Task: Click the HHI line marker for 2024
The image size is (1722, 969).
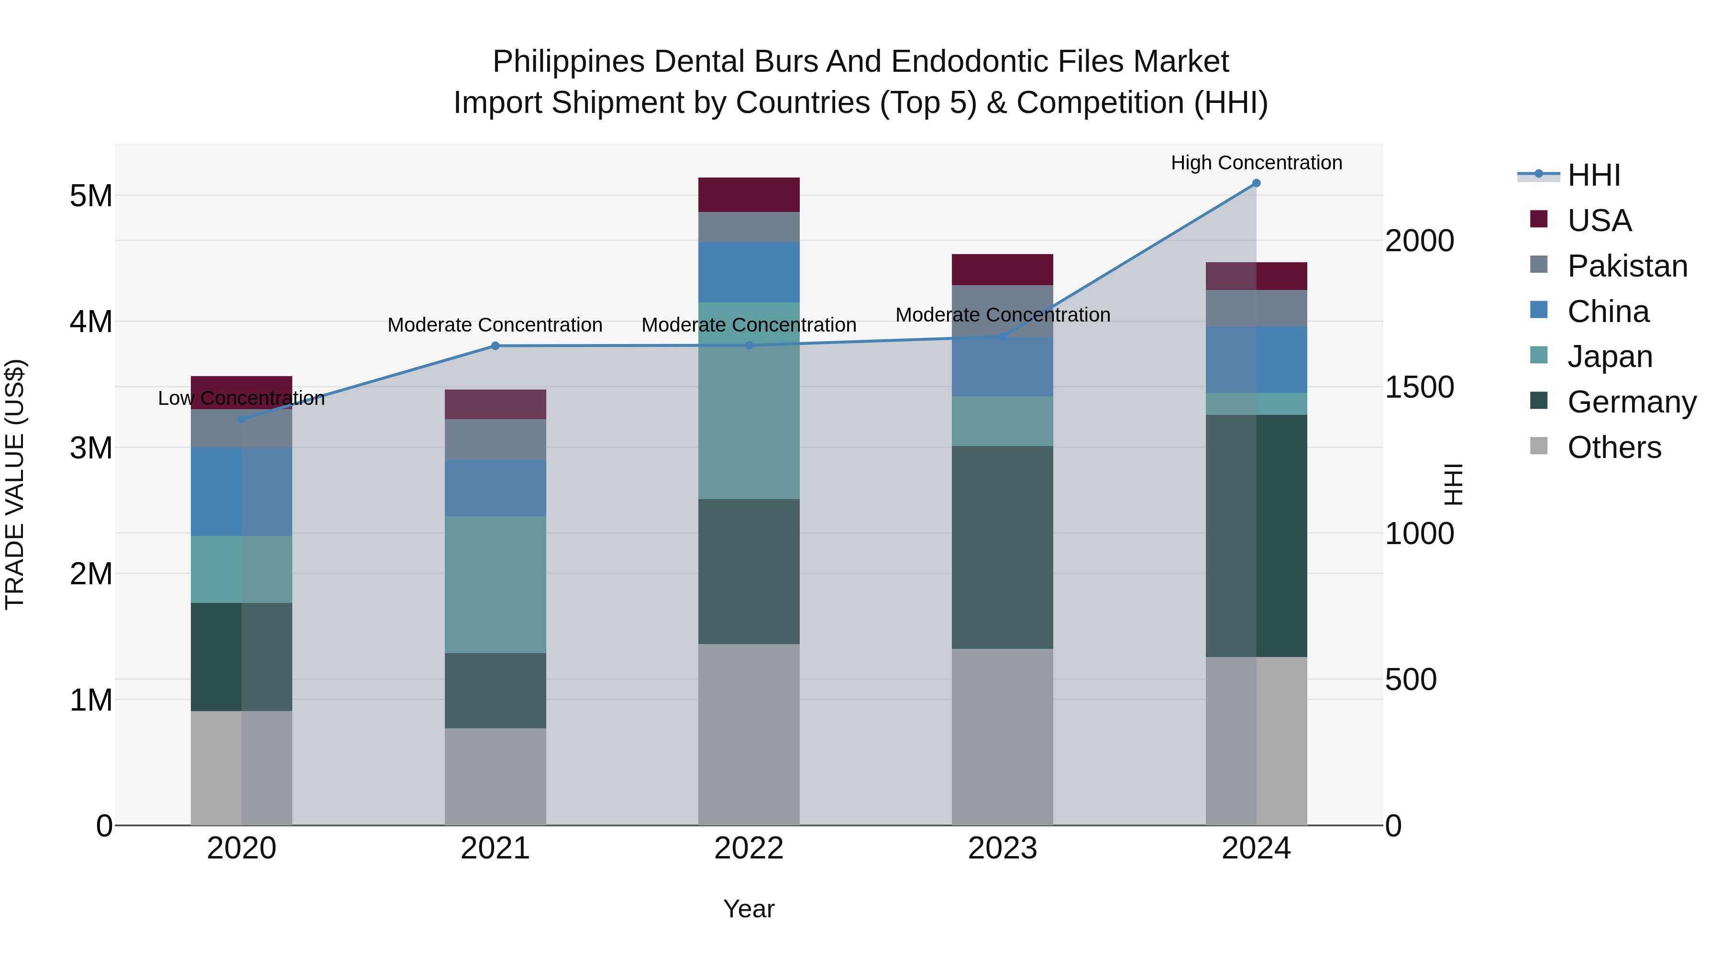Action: [1256, 183]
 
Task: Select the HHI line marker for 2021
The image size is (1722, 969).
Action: [496, 346]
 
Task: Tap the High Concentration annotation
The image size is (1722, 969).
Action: [1256, 163]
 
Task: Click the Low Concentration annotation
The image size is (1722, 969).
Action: [242, 398]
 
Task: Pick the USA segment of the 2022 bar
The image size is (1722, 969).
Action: [749, 195]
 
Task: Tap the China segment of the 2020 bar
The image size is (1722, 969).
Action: [242, 491]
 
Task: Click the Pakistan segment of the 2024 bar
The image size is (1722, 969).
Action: [1256, 308]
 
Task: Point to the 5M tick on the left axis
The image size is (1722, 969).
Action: [91, 196]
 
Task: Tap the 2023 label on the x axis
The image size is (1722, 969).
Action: [1002, 848]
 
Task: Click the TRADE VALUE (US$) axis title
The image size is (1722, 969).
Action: [15, 484]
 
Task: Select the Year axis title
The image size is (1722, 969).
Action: [749, 909]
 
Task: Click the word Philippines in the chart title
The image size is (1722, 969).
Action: [568, 62]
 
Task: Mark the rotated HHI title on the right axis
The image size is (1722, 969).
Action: [1453, 484]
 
